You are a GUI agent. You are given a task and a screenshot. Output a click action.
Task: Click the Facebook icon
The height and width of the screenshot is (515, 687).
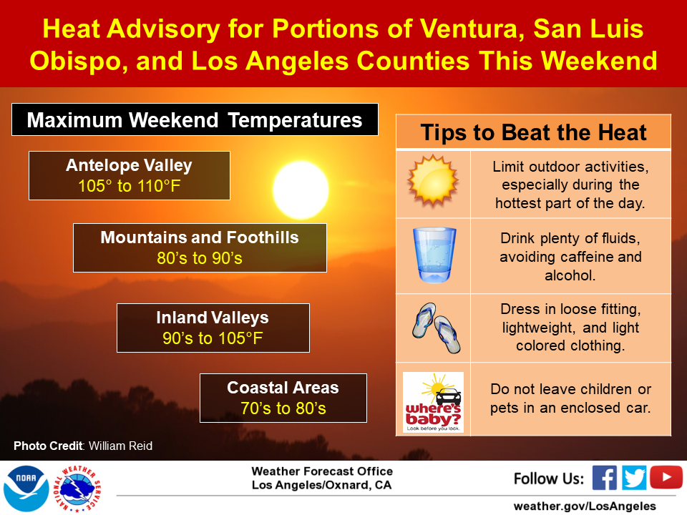coord(605,477)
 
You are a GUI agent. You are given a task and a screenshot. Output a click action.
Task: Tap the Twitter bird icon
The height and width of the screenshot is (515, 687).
coord(635,477)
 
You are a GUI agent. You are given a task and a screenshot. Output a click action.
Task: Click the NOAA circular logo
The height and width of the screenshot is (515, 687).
coord(26,488)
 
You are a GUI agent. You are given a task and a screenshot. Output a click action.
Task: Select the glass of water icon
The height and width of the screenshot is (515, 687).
coord(434,255)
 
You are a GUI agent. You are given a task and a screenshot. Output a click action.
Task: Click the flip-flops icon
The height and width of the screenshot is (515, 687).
coord(434,328)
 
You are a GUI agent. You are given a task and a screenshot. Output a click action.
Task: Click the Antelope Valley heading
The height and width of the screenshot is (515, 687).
coord(129,166)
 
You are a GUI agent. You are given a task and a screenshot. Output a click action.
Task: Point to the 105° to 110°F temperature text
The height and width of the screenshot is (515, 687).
coord(129,187)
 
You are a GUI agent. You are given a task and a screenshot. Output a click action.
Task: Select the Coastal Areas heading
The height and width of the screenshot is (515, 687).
coord(283,388)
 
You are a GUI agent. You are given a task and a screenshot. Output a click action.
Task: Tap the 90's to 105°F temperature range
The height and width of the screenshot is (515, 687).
coord(213,338)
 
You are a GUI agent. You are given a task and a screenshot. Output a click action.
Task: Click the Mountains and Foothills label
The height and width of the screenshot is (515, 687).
coord(200,237)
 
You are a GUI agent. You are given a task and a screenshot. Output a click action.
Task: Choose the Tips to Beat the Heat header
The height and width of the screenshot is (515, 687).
coord(533,132)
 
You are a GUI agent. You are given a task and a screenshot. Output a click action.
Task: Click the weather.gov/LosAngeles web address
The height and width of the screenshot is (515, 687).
coord(584,505)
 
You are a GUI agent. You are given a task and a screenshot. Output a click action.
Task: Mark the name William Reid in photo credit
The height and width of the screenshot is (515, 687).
coord(120,446)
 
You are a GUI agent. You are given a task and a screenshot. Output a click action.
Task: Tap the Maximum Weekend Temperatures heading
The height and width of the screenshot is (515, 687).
coord(195,119)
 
